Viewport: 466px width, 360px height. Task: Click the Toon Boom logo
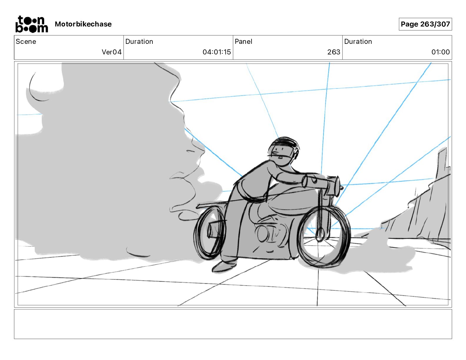(31, 24)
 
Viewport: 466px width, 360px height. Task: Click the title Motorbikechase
(83, 24)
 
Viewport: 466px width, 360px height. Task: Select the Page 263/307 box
(425, 24)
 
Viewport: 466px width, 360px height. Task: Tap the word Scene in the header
(26, 41)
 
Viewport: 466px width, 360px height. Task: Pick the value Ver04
(111, 52)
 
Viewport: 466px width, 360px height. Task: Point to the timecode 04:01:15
(217, 52)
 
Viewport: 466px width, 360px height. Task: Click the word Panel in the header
(243, 41)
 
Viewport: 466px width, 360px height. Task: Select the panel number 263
(334, 52)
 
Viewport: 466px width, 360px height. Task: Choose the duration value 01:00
(440, 52)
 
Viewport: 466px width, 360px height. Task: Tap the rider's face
(279, 154)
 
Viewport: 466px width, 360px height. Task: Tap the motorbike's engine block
(269, 232)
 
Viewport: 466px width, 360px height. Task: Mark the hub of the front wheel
(320, 235)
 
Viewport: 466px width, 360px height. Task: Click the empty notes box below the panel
(233, 324)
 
